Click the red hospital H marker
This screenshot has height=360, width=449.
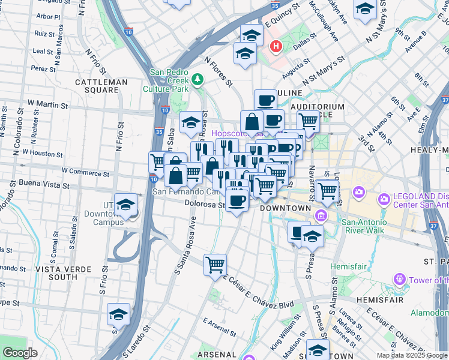276,46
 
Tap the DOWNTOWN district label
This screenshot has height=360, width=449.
285,208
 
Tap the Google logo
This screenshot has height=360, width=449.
20,353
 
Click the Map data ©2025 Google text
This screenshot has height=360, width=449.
412,355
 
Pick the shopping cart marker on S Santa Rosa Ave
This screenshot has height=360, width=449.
215,265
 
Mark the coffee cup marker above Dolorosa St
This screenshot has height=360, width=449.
238,199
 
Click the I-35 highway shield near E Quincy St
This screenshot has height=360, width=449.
274,6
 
